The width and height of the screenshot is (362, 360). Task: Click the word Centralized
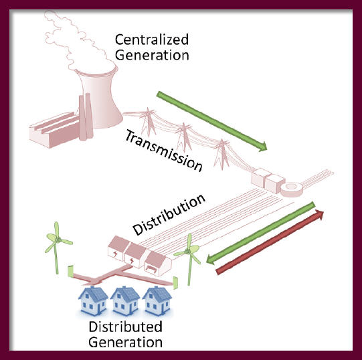(152, 39)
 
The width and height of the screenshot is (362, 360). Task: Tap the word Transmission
(163, 151)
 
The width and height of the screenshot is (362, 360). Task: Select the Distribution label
(169, 214)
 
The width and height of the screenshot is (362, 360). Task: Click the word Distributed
(125, 327)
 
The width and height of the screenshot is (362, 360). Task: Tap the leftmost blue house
(93, 300)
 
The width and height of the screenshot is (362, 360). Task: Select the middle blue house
(125, 300)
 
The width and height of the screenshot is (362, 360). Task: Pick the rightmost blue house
(157, 300)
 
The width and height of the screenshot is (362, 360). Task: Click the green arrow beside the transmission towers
(211, 121)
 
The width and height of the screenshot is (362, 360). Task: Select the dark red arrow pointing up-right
(270, 242)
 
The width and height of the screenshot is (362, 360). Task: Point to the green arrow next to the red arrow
(260, 233)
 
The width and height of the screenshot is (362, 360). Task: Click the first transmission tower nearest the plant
(148, 122)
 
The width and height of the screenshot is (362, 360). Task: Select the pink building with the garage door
(158, 264)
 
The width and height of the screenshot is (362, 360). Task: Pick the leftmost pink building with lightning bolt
(118, 248)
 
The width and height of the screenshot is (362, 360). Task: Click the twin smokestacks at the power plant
(86, 117)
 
